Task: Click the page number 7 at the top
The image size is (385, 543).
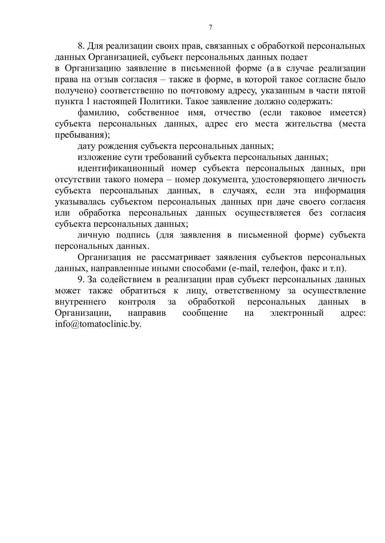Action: click(x=210, y=27)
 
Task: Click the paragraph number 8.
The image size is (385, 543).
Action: click(x=80, y=46)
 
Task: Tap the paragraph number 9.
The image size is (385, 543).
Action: click(x=80, y=280)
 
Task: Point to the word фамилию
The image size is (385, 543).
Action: click(x=97, y=113)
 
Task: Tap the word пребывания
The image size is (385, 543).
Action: click(x=80, y=135)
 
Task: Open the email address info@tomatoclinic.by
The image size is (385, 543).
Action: click(x=98, y=324)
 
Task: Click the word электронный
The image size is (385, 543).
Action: click(x=296, y=313)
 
